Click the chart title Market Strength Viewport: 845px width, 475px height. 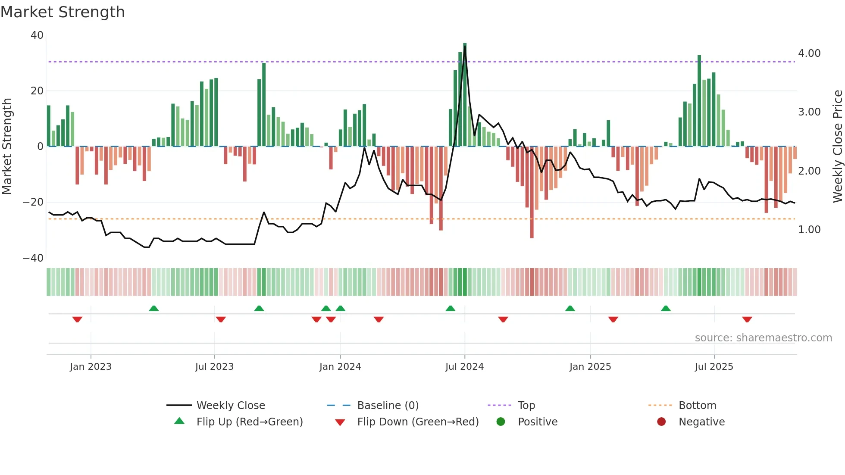pyautogui.click(x=63, y=12)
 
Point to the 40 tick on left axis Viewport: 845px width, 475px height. pyautogui.click(x=37, y=35)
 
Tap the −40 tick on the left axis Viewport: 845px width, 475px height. pyautogui.click(x=33, y=258)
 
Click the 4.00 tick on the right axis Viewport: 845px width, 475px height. pyautogui.click(x=809, y=53)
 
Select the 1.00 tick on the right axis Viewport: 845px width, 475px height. pyautogui.click(x=809, y=230)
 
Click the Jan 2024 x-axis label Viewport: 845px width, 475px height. pyautogui.click(x=340, y=367)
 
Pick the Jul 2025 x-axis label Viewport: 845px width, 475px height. pyautogui.click(x=714, y=367)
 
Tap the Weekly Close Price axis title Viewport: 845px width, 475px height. pyautogui.click(x=837, y=147)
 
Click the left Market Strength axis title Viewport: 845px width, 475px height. pyautogui.click(x=7, y=147)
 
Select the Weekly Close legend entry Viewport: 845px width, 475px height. pyautogui.click(x=231, y=406)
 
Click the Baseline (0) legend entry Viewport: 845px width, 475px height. pyautogui.click(x=388, y=406)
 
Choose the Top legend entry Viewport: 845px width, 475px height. pyautogui.click(x=526, y=406)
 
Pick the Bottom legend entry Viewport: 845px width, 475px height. pyautogui.click(x=697, y=406)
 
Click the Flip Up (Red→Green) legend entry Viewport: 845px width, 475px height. pyautogui.click(x=250, y=422)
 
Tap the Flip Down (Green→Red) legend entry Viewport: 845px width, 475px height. pyautogui.click(x=418, y=422)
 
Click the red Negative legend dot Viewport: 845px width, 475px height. pyautogui.click(x=661, y=422)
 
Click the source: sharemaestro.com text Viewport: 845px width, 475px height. pyautogui.click(x=763, y=338)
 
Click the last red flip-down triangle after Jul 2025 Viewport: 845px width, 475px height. pyautogui.click(x=747, y=319)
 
